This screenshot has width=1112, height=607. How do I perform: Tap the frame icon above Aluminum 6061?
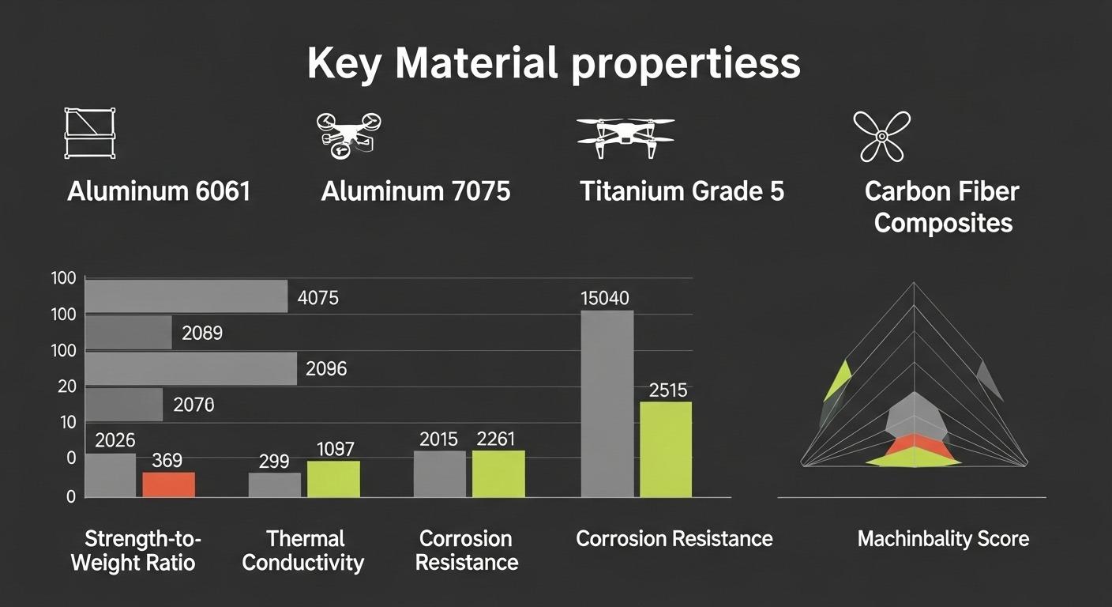click(x=89, y=134)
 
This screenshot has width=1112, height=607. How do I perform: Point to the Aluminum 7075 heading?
click(x=415, y=191)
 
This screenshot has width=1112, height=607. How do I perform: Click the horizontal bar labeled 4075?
click(x=186, y=296)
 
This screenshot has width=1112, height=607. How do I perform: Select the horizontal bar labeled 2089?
click(x=128, y=332)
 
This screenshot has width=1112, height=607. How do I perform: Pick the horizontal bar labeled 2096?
click(x=190, y=368)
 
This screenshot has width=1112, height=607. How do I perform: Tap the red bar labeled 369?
click(x=168, y=484)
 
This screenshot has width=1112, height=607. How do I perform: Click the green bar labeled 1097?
click(x=333, y=479)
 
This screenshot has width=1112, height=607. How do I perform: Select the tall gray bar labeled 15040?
click(x=607, y=403)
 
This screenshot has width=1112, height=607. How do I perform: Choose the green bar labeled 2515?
click(x=665, y=449)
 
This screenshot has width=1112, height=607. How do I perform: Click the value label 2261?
click(x=496, y=439)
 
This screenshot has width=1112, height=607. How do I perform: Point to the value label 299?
click(x=273, y=462)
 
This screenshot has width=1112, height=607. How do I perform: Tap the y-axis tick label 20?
click(x=66, y=386)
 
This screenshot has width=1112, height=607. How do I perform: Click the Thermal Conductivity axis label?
click(x=303, y=551)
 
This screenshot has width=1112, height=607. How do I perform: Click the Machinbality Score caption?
click(x=943, y=540)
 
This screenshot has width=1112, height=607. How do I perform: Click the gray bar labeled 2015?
click(x=439, y=473)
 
